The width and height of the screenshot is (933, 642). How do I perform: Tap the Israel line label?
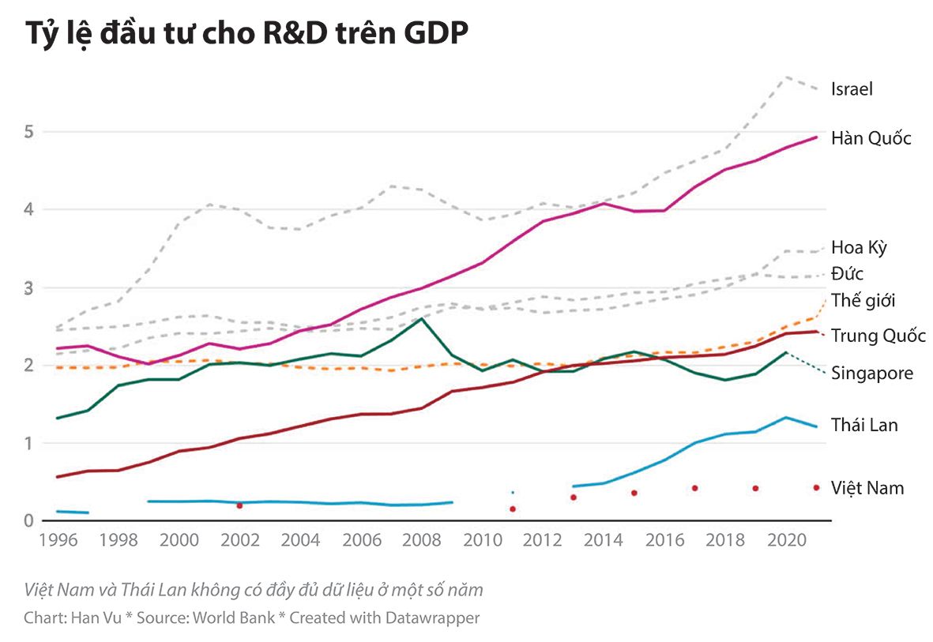click(852, 89)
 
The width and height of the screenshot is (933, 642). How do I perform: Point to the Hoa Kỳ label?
click(859, 248)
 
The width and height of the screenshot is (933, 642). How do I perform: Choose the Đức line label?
click(847, 275)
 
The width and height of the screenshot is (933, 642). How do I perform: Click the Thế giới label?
click(863, 301)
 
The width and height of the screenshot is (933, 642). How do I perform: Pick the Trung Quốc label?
click(878, 336)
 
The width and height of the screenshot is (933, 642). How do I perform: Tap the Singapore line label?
click(871, 374)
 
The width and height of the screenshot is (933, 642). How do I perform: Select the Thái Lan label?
click(864, 426)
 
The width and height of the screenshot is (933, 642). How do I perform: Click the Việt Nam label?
click(867, 488)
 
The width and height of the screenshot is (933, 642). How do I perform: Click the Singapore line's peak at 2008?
click(421, 319)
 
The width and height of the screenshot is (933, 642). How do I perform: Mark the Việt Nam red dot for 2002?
click(239, 505)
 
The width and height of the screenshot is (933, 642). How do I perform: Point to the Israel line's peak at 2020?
click(785, 77)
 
